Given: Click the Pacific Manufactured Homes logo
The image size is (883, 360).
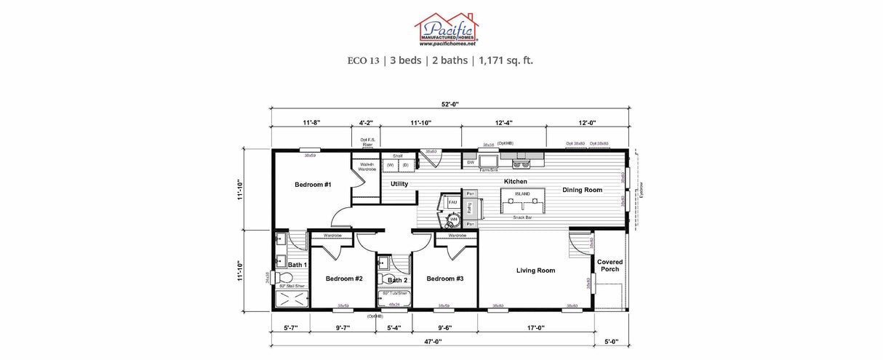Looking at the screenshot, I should point(446,30).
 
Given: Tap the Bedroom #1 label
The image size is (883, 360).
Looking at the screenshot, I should point(313,185).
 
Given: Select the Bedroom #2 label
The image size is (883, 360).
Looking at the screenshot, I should point(343,279).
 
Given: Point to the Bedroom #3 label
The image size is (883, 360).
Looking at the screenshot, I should point(444,279).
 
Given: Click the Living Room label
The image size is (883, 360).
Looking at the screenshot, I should point(535,271).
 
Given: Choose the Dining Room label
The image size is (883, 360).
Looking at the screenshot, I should point(582,190).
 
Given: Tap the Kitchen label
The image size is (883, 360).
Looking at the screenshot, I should point(515,181).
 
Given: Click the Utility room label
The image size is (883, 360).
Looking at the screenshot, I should point(399,184).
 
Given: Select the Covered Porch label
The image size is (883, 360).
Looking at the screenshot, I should point(610,265).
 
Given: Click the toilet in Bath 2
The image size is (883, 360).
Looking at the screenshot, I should point(383,276).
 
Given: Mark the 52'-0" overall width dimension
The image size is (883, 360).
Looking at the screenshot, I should point(448,103).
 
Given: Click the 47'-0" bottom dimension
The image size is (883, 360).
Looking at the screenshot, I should point(433,341).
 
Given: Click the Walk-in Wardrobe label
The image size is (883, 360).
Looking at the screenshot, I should point(367,167).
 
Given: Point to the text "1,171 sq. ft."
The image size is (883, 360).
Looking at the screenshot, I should point(506,60).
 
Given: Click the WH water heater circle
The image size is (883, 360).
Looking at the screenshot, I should point(452,219).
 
